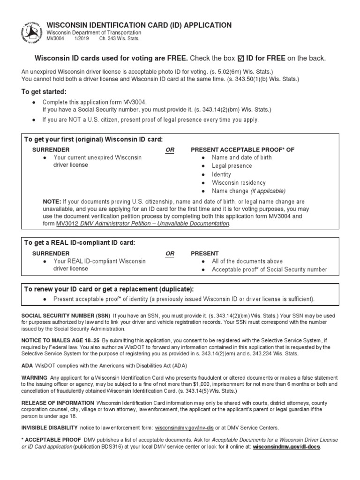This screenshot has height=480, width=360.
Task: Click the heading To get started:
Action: [x=44, y=91]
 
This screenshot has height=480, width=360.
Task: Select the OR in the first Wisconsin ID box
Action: [x=170, y=150]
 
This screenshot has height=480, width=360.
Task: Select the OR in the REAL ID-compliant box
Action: [x=170, y=253]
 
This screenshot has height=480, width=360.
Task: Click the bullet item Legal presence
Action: [x=232, y=166]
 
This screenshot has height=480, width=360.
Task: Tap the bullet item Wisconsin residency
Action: [x=238, y=183]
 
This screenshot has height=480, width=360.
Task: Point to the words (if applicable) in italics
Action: [x=268, y=191]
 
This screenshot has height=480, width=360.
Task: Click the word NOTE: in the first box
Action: [x=52, y=202]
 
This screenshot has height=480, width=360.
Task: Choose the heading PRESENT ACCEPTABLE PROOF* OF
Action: [x=242, y=150]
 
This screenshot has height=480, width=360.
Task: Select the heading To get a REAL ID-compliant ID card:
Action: [x=80, y=242]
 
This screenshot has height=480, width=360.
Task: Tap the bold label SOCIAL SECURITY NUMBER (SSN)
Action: [x=66, y=316]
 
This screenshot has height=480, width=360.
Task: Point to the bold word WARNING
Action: [x=34, y=378]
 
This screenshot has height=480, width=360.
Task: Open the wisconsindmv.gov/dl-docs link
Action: [x=287, y=447]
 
